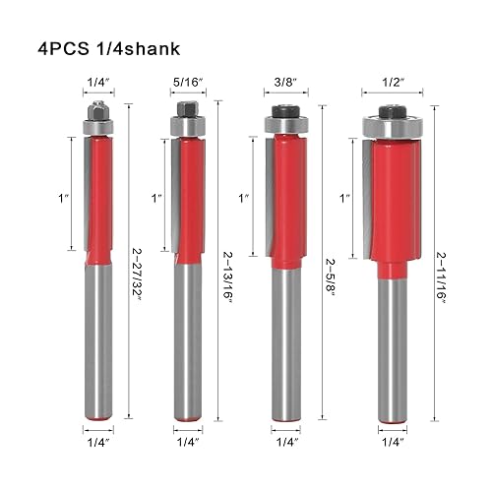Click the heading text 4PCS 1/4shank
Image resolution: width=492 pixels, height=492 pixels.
(109, 49)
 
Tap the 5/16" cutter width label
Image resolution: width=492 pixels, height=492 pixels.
(188, 83)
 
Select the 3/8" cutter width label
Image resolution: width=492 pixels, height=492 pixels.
(285, 83)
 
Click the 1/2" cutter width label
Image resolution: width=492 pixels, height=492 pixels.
(393, 83)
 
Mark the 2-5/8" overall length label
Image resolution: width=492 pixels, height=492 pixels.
(331, 277)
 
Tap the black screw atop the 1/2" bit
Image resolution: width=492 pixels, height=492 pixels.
(393, 111)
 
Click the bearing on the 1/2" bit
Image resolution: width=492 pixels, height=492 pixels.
(393, 127)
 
